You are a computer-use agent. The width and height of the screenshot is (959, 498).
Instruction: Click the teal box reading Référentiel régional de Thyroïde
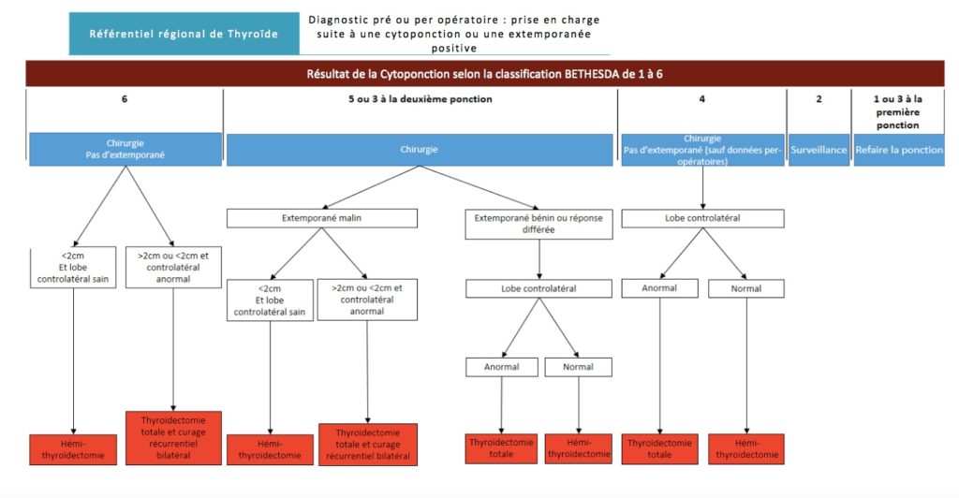tap(184, 34)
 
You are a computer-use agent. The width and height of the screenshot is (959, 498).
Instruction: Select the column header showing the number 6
tap(125, 99)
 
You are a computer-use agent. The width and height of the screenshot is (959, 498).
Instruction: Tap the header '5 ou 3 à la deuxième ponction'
tap(420, 99)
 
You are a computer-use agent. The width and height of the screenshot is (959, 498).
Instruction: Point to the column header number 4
tap(702, 99)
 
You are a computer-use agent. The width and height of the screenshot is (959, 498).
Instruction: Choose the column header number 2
tap(819, 99)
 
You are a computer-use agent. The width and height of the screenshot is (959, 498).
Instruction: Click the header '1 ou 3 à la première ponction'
tap(898, 111)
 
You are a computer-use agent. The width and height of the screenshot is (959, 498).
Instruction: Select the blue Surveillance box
tap(819, 150)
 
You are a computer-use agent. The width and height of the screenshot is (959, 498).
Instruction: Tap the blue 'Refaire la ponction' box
tap(899, 150)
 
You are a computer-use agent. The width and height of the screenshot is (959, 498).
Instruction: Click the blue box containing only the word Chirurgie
tap(420, 150)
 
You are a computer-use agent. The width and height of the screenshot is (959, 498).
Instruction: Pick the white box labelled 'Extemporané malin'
tap(322, 218)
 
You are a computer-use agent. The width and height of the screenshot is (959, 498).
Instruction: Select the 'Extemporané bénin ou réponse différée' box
tap(539, 224)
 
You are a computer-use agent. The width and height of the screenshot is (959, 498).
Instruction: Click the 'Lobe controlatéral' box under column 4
tap(702, 218)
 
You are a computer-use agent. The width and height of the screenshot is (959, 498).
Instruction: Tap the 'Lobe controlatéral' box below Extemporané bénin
tap(539, 288)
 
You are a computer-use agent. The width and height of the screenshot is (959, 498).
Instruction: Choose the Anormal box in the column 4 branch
tap(659, 288)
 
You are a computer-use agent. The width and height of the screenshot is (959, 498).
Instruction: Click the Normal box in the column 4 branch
tap(746, 288)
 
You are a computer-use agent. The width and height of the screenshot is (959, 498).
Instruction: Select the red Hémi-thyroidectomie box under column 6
tap(73, 449)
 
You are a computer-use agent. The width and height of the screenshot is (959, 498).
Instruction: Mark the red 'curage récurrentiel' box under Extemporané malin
tap(367, 445)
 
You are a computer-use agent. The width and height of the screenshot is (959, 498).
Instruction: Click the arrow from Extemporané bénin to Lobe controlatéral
tap(539, 259)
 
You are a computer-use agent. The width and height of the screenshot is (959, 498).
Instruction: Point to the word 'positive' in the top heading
tap(454, 48)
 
